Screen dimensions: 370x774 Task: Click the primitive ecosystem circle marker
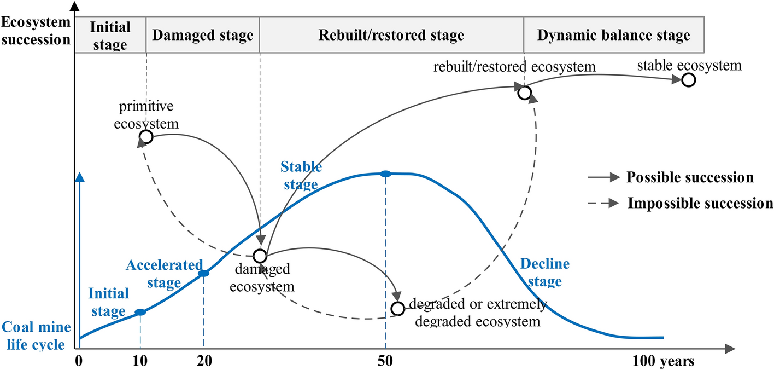[x=146, y=137]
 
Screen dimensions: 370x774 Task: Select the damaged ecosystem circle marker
[x=260, y=256]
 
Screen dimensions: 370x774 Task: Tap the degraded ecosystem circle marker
[x=398, y=309]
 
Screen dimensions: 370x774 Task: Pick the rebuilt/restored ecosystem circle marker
[x=524, y=93]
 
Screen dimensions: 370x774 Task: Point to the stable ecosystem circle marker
[x=688, y=80]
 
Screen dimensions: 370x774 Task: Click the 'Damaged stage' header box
[x=203, y=36]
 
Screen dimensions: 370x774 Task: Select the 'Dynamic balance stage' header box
[x=613, y=36]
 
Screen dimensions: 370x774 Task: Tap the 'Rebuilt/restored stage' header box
[x=391, y=36]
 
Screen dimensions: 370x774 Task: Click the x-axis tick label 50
[x=385, y=361]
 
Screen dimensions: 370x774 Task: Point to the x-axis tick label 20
[x=204, y=361]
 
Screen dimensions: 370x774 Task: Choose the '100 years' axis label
[x=664, y=361]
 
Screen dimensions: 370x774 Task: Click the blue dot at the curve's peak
[x=385, y=174]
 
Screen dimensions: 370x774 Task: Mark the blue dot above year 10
[x=140, y=312]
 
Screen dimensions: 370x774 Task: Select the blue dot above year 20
[x=203, y=273]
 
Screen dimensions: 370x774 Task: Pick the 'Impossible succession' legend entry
[x=681, y=203]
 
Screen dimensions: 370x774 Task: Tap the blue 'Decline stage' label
[x=544, y=273]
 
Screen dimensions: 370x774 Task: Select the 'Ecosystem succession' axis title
[x=36, y=31]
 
